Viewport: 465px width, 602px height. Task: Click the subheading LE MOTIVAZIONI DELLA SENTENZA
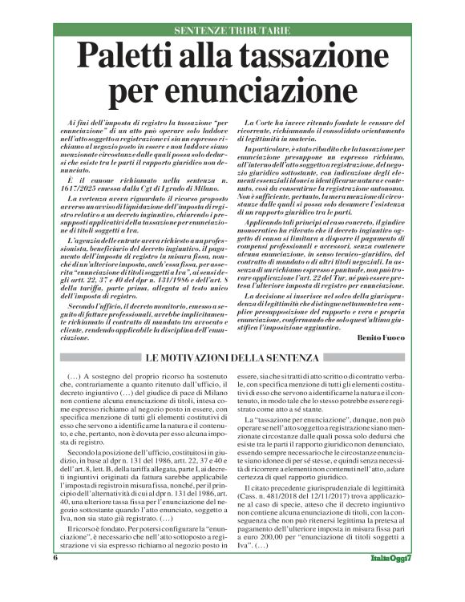tap(232, 357)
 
